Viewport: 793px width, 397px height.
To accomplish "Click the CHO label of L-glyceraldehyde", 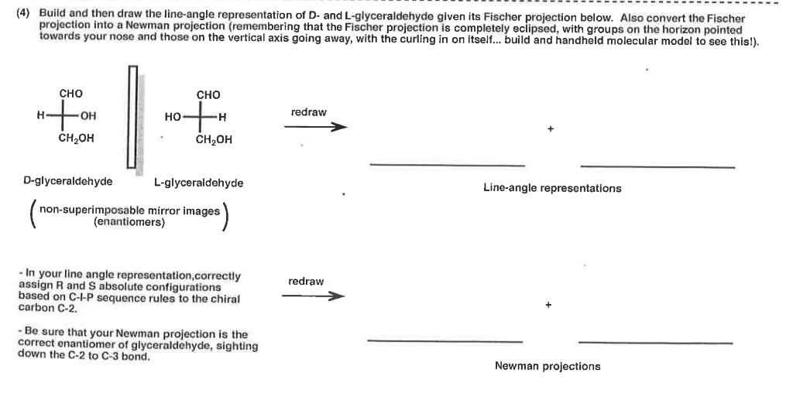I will [x=208, y=94].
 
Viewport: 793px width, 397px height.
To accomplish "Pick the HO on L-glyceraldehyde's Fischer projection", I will [x=173, y=118].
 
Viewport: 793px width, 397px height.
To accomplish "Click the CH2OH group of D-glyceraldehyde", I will [x=76, y=139].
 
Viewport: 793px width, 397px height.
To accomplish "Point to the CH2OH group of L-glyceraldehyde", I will [x=214, y=140].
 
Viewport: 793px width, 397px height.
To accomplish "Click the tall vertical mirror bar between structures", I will [x=132, y=117].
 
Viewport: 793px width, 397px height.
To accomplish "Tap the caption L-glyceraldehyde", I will [x=198, y=183].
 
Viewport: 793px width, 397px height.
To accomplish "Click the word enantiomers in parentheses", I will [x=129, y=221].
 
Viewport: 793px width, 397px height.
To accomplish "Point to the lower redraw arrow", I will [x=312, y=296].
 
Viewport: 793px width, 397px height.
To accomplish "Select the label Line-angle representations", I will [x=551, y=188].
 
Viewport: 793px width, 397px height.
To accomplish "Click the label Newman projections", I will [x=548, y=366].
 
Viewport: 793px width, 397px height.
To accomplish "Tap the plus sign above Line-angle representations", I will [x=550, y=129].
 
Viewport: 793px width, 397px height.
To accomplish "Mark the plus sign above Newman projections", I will [x=548, y=306].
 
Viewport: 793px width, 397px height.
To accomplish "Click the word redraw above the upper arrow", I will [x=308, y=113].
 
